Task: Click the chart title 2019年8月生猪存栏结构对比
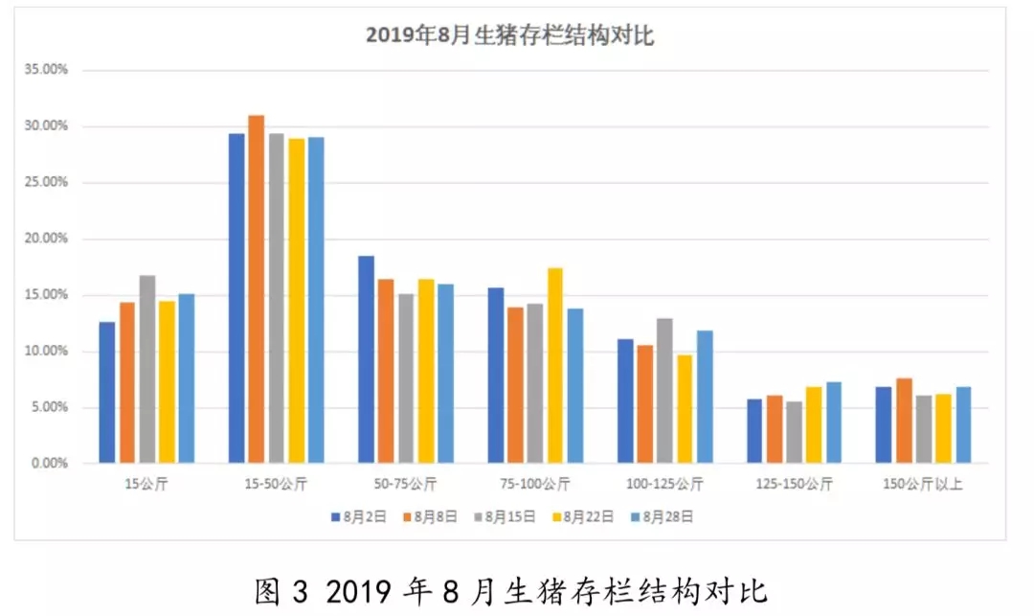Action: pyautogui.click(x=509, y=34)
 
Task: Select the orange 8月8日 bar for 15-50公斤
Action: pyautogui.click(x=257, y=289)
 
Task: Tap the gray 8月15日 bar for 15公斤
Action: pyautogui.click(x=147, y=369)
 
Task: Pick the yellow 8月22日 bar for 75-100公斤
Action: pyautogui.click(x=555, y=365)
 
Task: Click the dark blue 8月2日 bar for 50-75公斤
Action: pyautogui.click(x=366, y=359)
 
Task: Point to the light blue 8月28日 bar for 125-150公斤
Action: pyautogui.click(x=834, y=422)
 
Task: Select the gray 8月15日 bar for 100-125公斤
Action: pyautogui.click(x=664, y=391)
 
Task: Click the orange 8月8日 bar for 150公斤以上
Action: pyautogui.click(x=904, y=421)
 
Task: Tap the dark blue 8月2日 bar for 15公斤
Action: pyautogui.click(x=107, y=393)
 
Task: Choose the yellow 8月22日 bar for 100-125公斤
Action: pyautogui.click(x=685, y=409)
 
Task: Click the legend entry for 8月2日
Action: pyautogui.click(x=359, y=517)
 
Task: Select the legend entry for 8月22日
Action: pyautogui.click(x=583, y=517)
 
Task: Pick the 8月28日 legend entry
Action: pyautogui.click(x=663, y=517)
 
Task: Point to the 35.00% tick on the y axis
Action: pyautogui.click(x=46, y=69)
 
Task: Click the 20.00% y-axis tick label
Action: pyautogui.click(x=46, y=239)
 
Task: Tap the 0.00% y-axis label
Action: pyautogui.click(x=50, y=463)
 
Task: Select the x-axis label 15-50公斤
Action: pyautogui.click(x=276, y=484)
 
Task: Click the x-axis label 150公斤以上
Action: pyautogui.click(x=923, y=484)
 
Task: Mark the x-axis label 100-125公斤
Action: pyautogui.click(x=664, y=484)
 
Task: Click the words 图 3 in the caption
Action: pyautogui.click(x=281, y=592)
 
